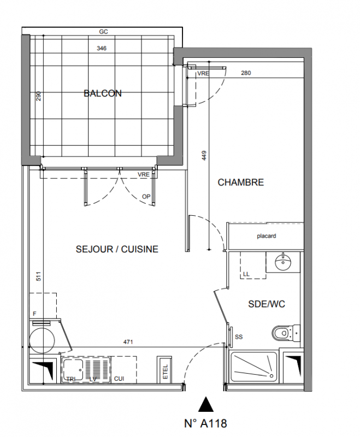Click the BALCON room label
[x=103, y=93]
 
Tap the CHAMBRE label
[x=241, y=182]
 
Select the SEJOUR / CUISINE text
[x=117, y=249]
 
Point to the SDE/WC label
[x=267, y=304]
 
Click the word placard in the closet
[x=267, y=236]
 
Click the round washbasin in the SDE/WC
[x=284, y=262]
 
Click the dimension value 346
[x=102, y=49]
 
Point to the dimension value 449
[x=204, y=156]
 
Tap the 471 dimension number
[x=128, y=342]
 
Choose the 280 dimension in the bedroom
[x=246, y=73]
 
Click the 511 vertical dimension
[x=39, y=276]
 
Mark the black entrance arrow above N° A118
[x=205, y=404]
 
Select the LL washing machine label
[x=246, y=275]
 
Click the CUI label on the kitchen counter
[x=119, y=379]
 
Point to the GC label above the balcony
[x=103, y=32]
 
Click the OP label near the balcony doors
[x=146, y=197]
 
